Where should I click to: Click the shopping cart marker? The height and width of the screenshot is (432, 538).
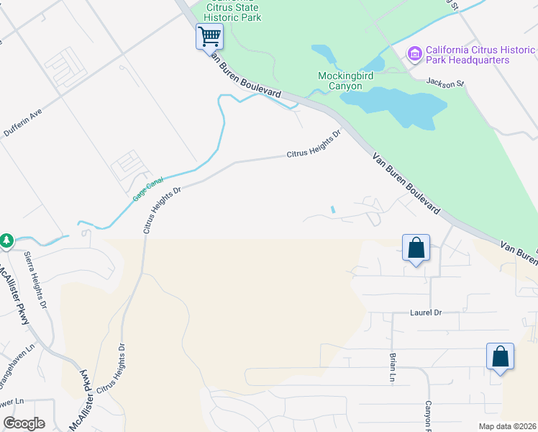coord(209,35)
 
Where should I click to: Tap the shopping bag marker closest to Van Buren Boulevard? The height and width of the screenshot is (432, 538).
coord(416,248)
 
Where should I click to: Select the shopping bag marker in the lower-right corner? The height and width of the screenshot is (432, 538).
coord(500,356)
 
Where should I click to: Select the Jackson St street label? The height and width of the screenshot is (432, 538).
coord(445,84)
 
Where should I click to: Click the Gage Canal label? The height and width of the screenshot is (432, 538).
coord(148,188)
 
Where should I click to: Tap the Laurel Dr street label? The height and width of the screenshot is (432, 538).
coord(425,312)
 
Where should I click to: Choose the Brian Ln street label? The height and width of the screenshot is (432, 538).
coord(393,366)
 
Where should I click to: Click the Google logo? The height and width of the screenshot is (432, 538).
coord(24,423)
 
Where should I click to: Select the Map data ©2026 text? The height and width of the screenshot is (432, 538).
coord(507,426)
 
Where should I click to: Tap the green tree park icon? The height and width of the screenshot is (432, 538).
coord(6,240)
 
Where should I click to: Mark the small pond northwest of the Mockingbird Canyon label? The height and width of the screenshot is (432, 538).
coord(323,54)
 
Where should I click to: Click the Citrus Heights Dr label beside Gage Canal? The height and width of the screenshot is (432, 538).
coord(160,210)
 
